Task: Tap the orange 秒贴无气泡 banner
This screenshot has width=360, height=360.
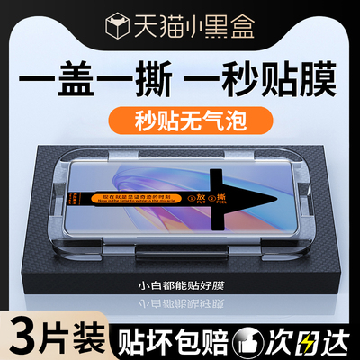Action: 181,116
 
